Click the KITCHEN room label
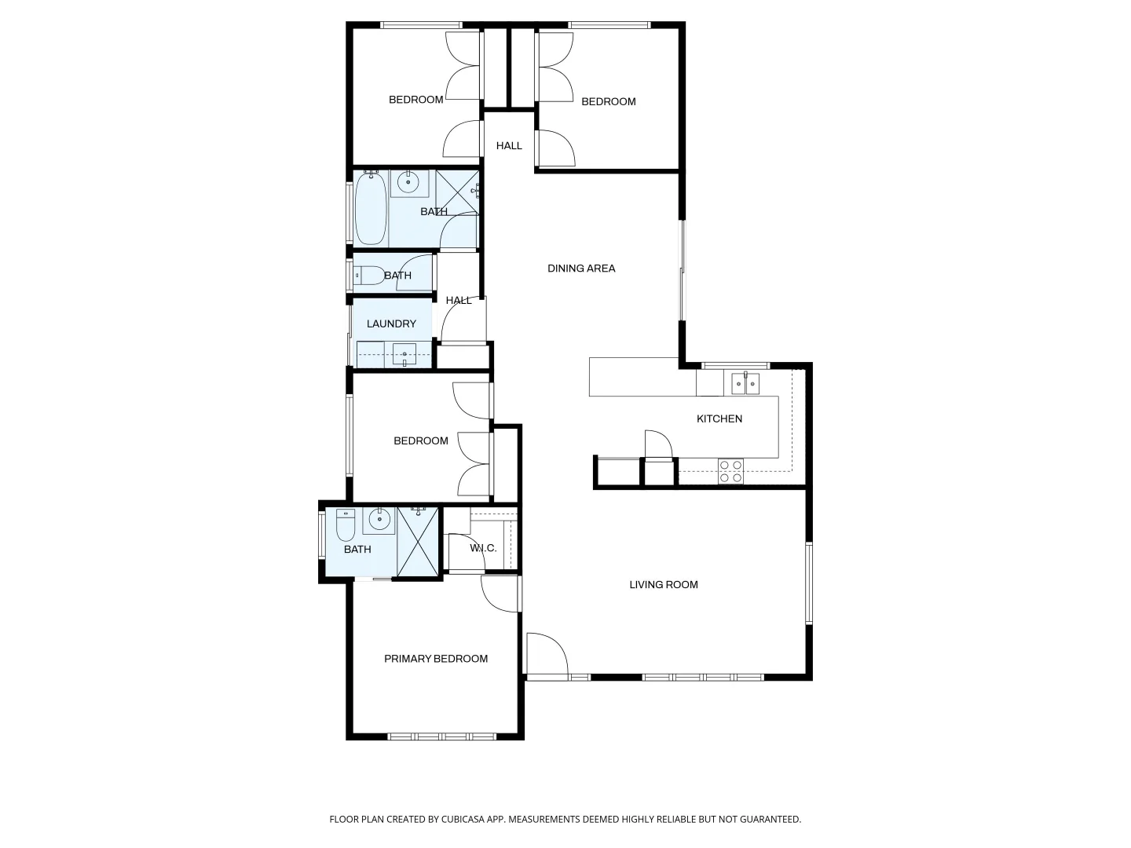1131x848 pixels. (x=719, y=419)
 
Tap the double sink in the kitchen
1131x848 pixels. (x=745, y=383)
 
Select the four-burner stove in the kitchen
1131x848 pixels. (x=730, y=471)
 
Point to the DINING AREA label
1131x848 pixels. (x=581, y=269)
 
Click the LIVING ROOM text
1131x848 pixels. (x=663, y=584)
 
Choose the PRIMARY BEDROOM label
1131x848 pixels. (x=435, y=659)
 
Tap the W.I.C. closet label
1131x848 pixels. (x=483, y=548)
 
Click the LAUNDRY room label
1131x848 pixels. (x=391, y=323)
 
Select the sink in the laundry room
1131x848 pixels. (x=404, y=355)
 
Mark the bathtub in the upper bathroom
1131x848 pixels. (x=371, y=209)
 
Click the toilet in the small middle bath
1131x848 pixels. (x=368, y=276)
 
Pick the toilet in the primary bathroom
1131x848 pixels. (x=346, y=525)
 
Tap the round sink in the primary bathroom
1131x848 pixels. (x=379, y=520)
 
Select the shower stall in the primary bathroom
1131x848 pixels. (x=417, y=543)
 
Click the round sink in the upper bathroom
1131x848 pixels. (x=408, y=183)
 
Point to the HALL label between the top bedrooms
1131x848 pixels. (x=509, y=145)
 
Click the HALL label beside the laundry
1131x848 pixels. (x=459, y=300)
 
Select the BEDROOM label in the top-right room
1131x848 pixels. (x=608, y=101)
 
